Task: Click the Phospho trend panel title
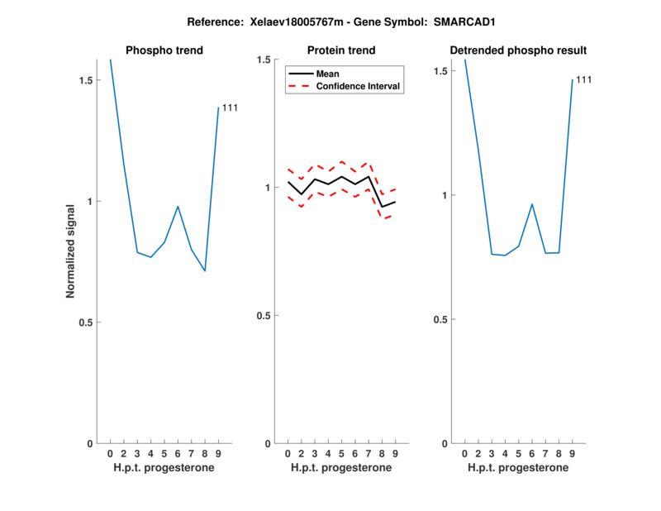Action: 164,50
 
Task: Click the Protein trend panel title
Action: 341,50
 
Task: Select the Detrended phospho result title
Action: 518,50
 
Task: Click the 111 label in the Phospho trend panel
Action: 230,107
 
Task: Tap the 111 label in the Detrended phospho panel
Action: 583,79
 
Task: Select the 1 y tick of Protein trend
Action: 268,188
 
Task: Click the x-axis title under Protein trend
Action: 341,468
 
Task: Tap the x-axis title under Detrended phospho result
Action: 518,468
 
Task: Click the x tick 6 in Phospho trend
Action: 178,454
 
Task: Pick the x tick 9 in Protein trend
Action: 396,454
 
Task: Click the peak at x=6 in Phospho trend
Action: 178,207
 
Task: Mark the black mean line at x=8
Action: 382,206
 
